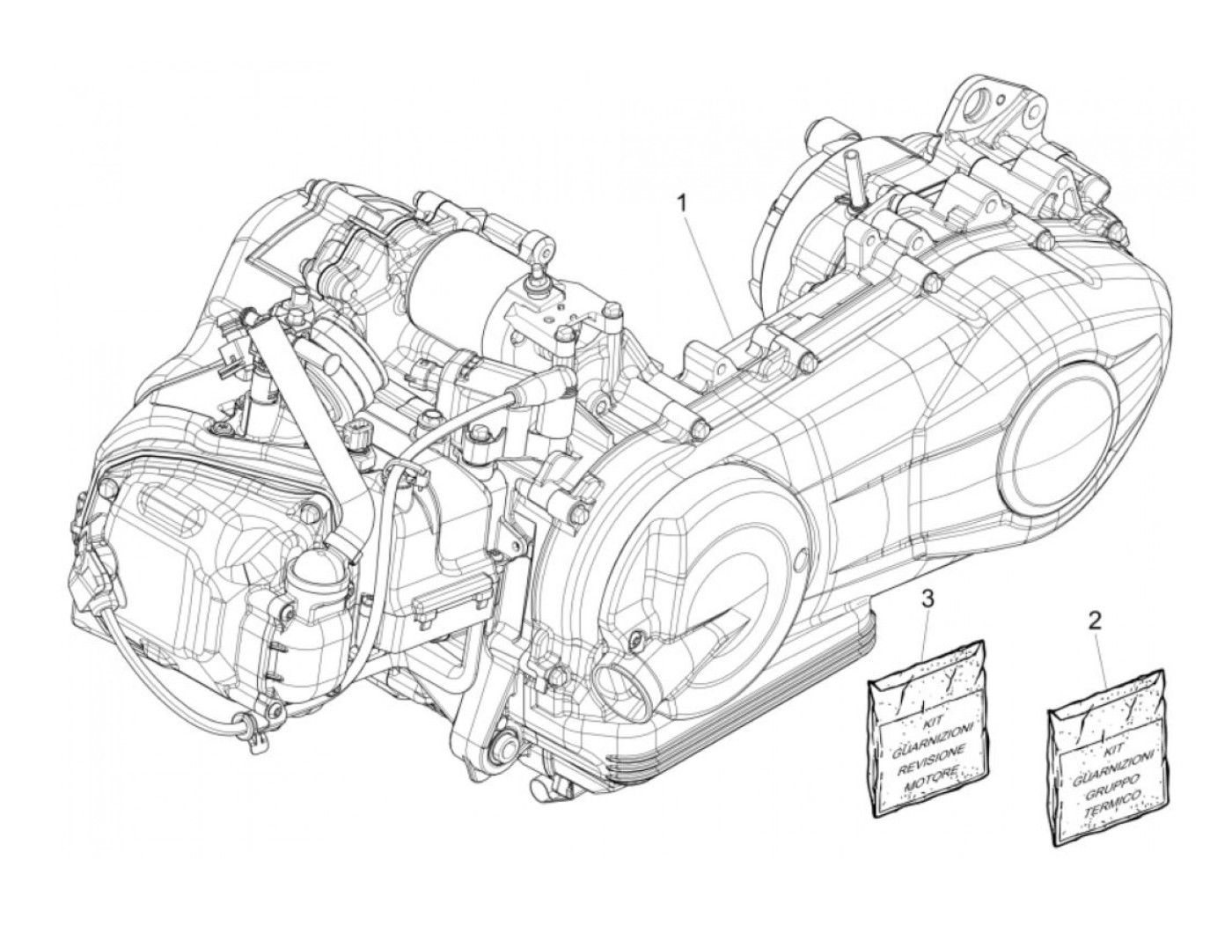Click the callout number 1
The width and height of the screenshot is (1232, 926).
[x=680, y=202]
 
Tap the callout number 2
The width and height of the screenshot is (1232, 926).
[x=1095, y=621]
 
